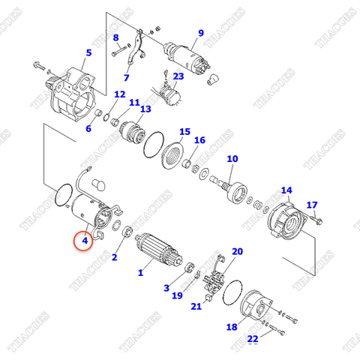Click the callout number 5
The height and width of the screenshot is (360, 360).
click(88, 52)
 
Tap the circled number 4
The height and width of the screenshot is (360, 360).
click(85, 241)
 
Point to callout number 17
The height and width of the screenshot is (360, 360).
click(313, 205)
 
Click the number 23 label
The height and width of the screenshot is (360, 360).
click(178, 76)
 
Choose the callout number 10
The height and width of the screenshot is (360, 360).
click(232, 158)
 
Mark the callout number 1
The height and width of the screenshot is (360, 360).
click(139, 273)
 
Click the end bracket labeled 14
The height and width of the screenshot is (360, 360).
click(287, 220)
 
